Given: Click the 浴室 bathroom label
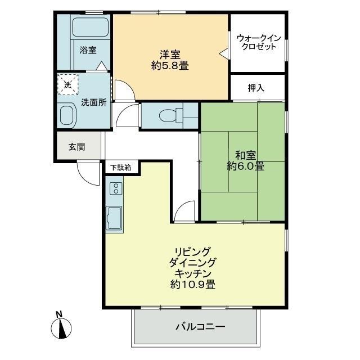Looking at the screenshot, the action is (88, 50).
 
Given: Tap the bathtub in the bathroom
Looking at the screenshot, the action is (91, 27).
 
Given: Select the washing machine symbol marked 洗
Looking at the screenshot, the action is (67, 84).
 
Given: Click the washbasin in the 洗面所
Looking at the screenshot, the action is (67, 115).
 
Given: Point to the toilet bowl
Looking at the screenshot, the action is (168, 115).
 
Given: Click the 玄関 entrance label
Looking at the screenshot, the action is (77, 147).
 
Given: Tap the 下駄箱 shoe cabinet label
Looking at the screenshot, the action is (120, 168).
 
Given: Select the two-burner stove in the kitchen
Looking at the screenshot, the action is (116, 188).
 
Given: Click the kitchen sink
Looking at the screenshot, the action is (114, 218).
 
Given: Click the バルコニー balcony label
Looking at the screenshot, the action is (200, 327).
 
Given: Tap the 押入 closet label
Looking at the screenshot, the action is (256, 88).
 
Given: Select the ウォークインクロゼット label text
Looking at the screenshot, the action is (259, 42).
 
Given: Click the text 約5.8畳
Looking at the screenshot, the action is (170, 66).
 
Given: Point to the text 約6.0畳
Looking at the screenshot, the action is (245, 166).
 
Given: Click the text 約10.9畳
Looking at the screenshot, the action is (192, 285).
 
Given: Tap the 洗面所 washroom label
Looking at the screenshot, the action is (94, 102).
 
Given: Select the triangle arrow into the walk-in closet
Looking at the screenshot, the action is (224, 54).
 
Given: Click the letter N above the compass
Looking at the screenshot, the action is (59, 314).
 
